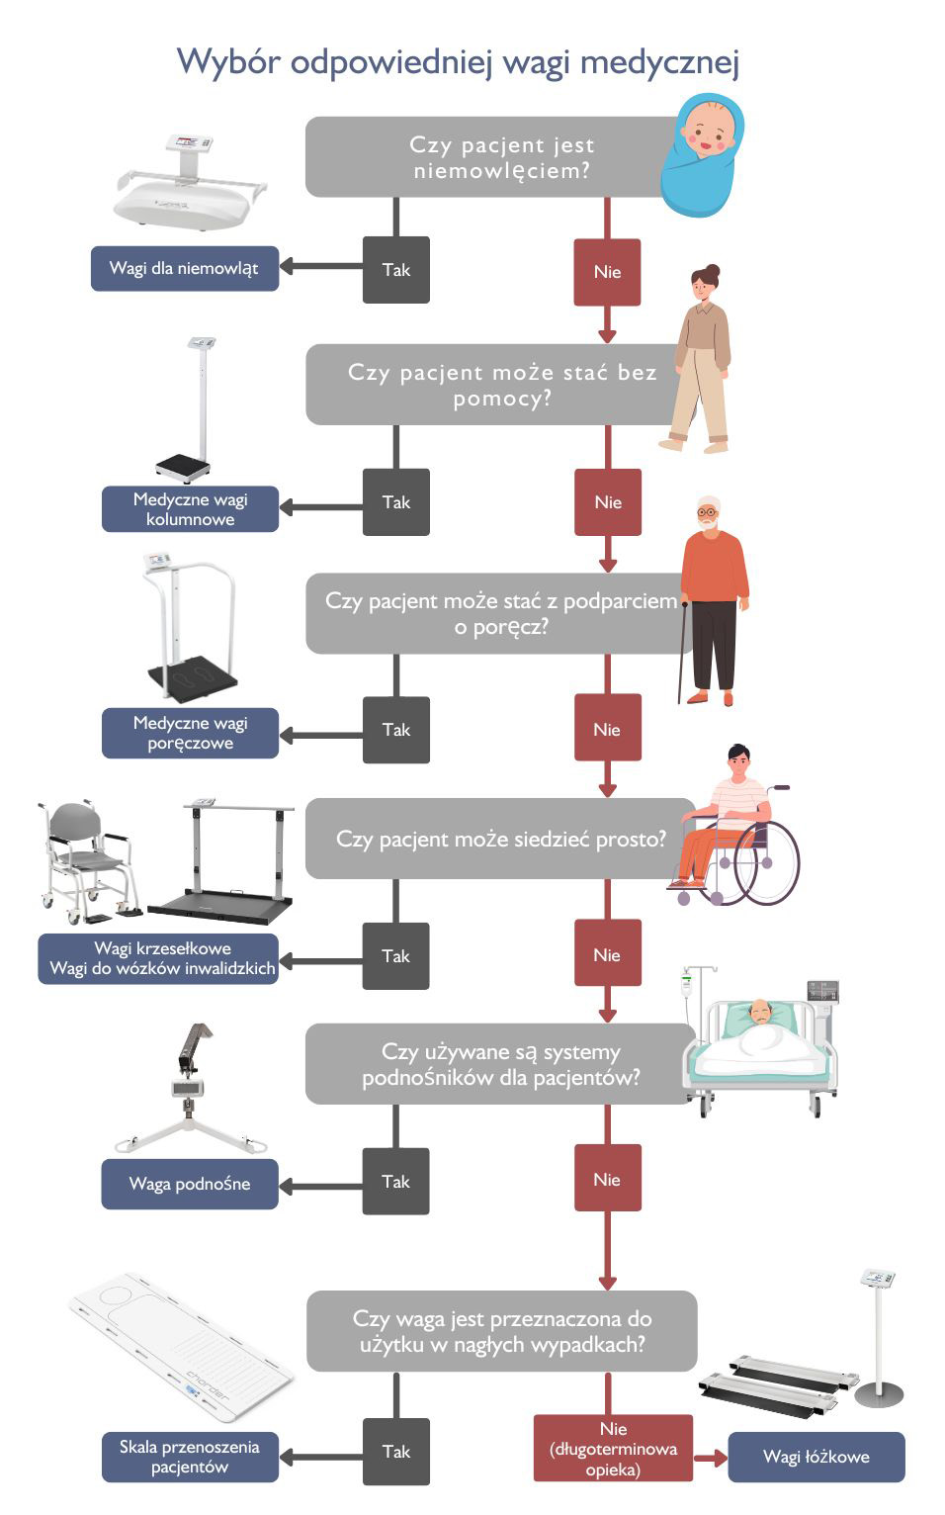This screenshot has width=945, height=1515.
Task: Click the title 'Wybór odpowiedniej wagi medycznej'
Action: pyautogui.click(x=458, y=61)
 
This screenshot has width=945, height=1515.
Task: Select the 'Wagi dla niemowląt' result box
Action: pyautogui.click(x=185, y=268)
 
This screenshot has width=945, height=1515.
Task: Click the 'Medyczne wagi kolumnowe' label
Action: pyautogui.click(x=190, y=509)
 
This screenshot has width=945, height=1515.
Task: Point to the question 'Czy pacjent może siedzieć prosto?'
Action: pyautogui.click(x=500, y=839)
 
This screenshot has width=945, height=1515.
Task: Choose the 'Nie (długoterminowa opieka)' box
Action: pyautogui.click(x=613, y=1448)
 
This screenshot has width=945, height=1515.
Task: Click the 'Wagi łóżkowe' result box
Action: pyautogui.click(x=816, y=1457)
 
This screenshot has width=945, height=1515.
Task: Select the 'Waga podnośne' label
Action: pyautogui.click(x=190, y=1184)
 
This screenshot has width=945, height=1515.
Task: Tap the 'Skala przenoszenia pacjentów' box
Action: pyautogui.click(x=190, y=1457)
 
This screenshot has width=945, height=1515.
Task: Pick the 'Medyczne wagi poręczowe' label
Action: pyautogui.click(x=190, y=733)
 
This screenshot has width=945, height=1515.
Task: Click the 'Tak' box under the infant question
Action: pyautogui.click(x=396, y=270)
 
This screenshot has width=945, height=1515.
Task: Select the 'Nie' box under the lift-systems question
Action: pyautogui.click(x=607, y=1179)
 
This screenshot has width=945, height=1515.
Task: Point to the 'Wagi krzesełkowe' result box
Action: pyautogui.click(x=162, y=958)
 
